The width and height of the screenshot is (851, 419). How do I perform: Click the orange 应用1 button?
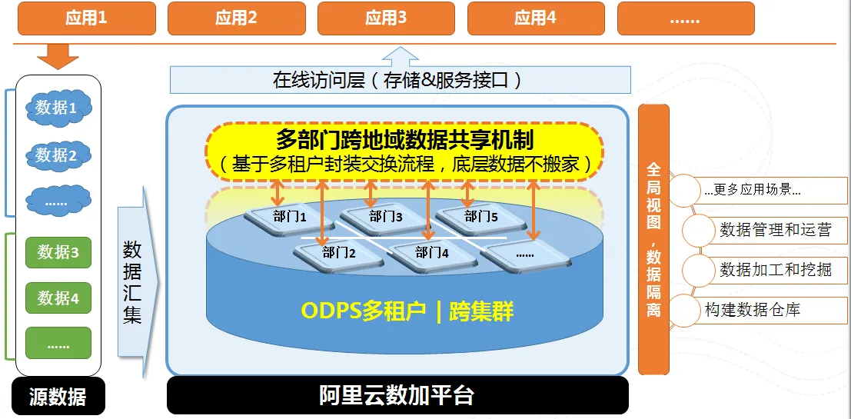tap(86, 18)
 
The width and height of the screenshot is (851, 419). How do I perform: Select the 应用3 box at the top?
tap(386, 18)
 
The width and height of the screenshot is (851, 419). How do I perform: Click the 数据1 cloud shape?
tap(58, 108)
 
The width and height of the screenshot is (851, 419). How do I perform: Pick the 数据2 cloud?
tap(58, 155)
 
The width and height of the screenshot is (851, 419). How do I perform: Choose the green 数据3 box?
tap(58, 252)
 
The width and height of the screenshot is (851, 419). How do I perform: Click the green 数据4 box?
tap(58, 298)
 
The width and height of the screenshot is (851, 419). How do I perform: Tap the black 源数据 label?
tap(58, 397)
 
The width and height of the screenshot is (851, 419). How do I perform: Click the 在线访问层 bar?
tap(401, 80)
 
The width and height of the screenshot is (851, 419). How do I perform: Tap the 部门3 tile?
tap(386, 218)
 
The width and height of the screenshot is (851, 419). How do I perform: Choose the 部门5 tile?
tap(481, 218)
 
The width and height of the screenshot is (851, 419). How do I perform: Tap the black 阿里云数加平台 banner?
tap(397, 396)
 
